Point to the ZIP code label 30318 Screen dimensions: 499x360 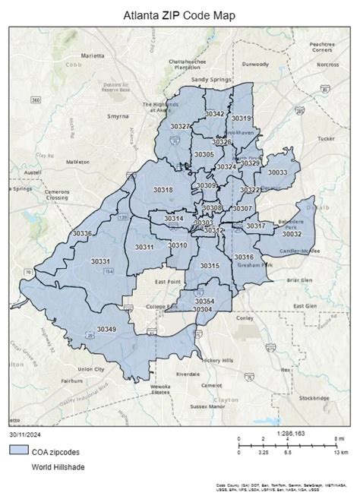coord(163,189)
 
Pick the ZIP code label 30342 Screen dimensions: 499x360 coord(215,114)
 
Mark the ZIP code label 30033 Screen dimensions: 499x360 coord(278,172)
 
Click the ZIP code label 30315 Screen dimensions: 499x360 coord(210,265)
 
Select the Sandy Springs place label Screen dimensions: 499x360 coord(210,79)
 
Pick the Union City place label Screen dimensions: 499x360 coord(90,369)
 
